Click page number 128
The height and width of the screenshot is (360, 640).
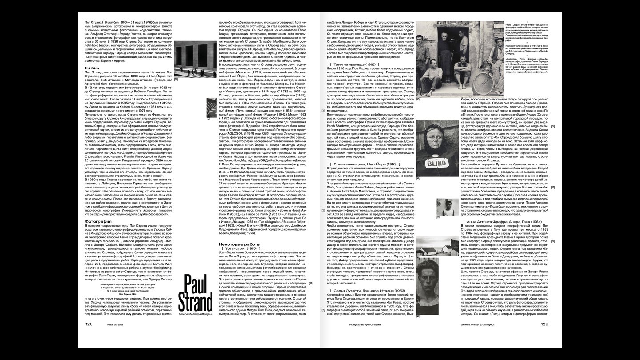[89, 324]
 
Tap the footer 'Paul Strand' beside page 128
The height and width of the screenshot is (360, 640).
[115, 324]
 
